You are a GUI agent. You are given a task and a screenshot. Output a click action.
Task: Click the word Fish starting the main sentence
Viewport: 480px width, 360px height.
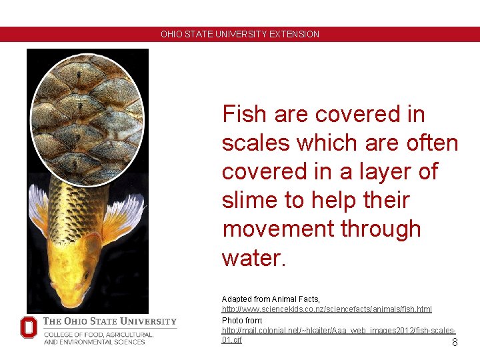pyautogui.click(x=245, y=115)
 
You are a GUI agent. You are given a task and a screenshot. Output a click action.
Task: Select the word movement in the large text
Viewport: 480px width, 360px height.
pyautogui.click(x=278, y=229)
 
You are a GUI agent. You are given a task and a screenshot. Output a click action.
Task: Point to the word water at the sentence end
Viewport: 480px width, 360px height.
pyautogui.click(x=250, y=258)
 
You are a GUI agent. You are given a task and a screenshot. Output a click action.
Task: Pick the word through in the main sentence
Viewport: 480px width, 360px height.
pyautogui.click(x=381, y=229)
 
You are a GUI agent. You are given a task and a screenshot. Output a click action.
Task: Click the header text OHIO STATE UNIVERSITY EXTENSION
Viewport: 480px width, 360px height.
pyautogui.click(x=240, y=34)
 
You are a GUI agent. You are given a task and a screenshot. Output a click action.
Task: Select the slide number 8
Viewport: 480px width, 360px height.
pyautogui.click(x=455, y=343)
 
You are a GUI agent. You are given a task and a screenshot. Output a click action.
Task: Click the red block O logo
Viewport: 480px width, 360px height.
pyautogui.click(x=29, y=327)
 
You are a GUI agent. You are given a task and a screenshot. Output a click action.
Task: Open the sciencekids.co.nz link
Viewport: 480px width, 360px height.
pyautogui.click(x=327, y=309)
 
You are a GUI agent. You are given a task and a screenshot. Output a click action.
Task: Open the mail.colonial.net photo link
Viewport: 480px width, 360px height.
pyautogui.click(x=338, y=331)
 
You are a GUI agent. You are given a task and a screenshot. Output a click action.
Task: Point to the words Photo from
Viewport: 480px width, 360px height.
pyautogui.click(x=243, y=321)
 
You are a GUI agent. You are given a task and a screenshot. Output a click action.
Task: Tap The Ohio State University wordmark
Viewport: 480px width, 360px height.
pyautogui.click(x=110, y=321)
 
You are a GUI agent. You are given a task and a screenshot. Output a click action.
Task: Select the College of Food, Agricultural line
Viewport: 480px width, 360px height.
pyautogui.click(x=99, y=334)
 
